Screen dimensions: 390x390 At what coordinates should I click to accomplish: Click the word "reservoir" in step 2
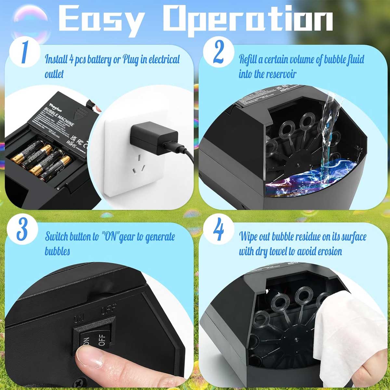coord(281,74)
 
